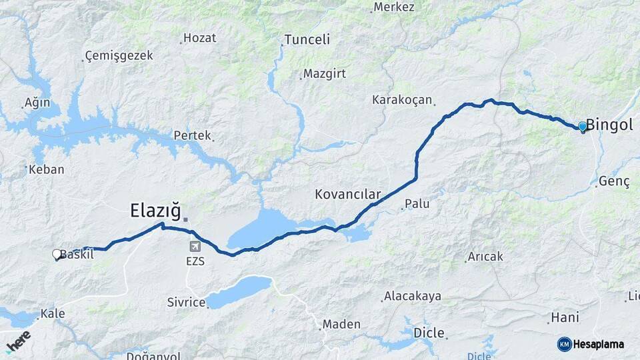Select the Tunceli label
(307, 39)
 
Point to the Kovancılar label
(347, 195)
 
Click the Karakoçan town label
(403, 100)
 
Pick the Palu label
(417, 203)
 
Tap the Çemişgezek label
(119, 55)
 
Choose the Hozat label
(199, 38)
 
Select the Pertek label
(192, 135)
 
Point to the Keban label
(47, 169)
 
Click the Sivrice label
(186, 303)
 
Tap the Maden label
(341, 325)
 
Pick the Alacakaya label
(413, 296)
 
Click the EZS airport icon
(194, 247)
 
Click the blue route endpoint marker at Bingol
(583, 126)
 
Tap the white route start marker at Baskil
(57, 254)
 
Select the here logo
(18, 341)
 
